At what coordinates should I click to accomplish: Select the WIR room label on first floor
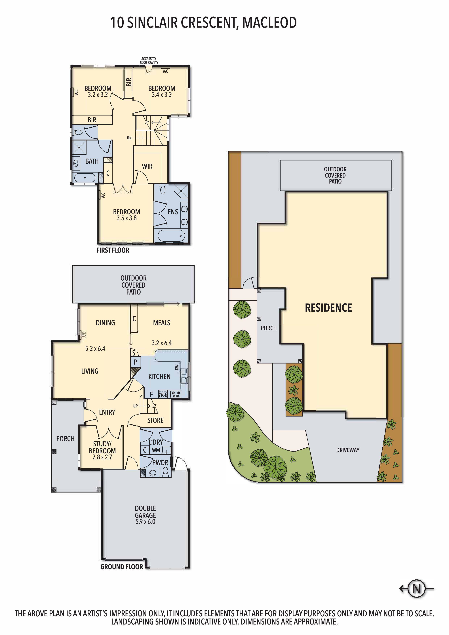(x=147, y=166)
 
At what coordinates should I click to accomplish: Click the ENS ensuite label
(x=173, y=212)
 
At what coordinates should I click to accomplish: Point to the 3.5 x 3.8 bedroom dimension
(x=127, y=218)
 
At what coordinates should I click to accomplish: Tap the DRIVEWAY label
(x=347, y=450)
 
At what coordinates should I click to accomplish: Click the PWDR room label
(x=160, y=462)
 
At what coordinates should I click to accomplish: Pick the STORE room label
(x=155, y=420)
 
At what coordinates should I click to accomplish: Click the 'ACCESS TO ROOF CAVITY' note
(x=149, y=61)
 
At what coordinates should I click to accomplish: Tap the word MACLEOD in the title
(x=269, y=23)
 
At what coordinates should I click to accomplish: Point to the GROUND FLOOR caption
(x=122, y=567)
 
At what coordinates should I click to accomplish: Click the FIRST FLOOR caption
(x=113, y=250)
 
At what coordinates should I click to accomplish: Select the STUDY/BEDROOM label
(x=102, y=447)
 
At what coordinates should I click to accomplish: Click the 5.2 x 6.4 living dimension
(x=95, y=348)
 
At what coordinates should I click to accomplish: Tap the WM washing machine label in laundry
(x=156, y=450)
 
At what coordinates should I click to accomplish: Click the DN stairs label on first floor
(x=129, y=138)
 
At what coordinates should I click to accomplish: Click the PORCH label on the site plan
(x=268, y=328)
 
